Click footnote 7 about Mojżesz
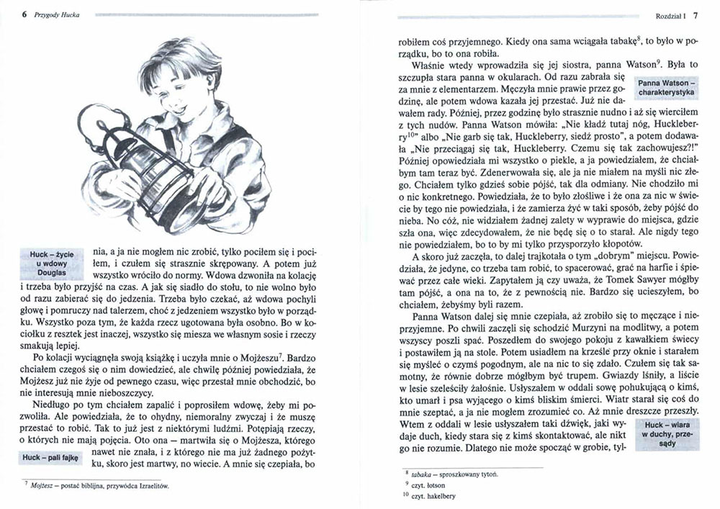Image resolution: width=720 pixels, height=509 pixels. pyautogui.click(x=101, y=487)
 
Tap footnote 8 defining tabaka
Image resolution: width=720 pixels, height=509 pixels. pyautogui.click(x=461, y=476)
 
